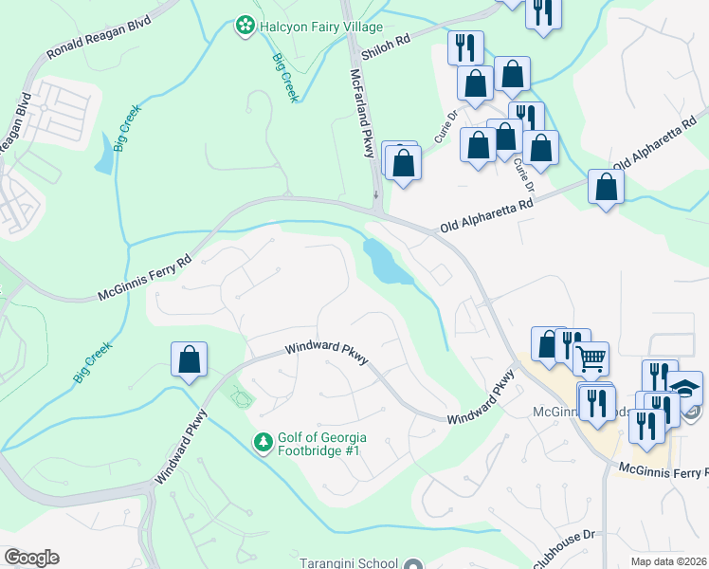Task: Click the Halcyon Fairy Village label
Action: (305, 25)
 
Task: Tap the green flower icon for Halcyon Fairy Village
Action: (245, 25)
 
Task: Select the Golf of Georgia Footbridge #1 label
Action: (321, 446)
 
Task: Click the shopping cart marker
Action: (591, 358)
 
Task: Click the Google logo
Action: (31, 558)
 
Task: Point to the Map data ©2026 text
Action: (669, 561)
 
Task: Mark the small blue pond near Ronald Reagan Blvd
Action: (103, 153)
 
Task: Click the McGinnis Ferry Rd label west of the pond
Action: (144, 279)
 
